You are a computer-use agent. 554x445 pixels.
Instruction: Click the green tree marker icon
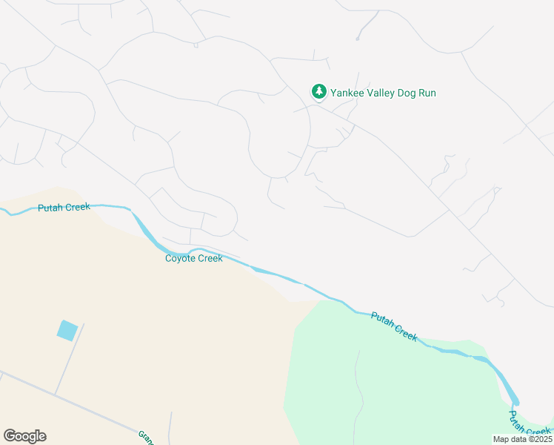point(318,92)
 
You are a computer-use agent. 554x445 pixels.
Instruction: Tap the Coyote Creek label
point(193,258)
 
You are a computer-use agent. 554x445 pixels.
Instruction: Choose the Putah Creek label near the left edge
point(64,208)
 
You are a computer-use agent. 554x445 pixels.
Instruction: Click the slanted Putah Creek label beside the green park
point(395,326)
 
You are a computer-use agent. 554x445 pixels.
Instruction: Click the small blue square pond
point(67,330)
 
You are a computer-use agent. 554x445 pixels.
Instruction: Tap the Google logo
point(24,436)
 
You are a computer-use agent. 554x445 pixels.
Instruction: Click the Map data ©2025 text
point(521,439)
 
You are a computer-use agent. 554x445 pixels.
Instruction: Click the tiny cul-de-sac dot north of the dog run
point(357,38)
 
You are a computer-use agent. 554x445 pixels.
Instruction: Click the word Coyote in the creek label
point(180,258)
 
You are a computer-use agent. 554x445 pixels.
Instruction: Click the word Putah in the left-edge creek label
point(50,208)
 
